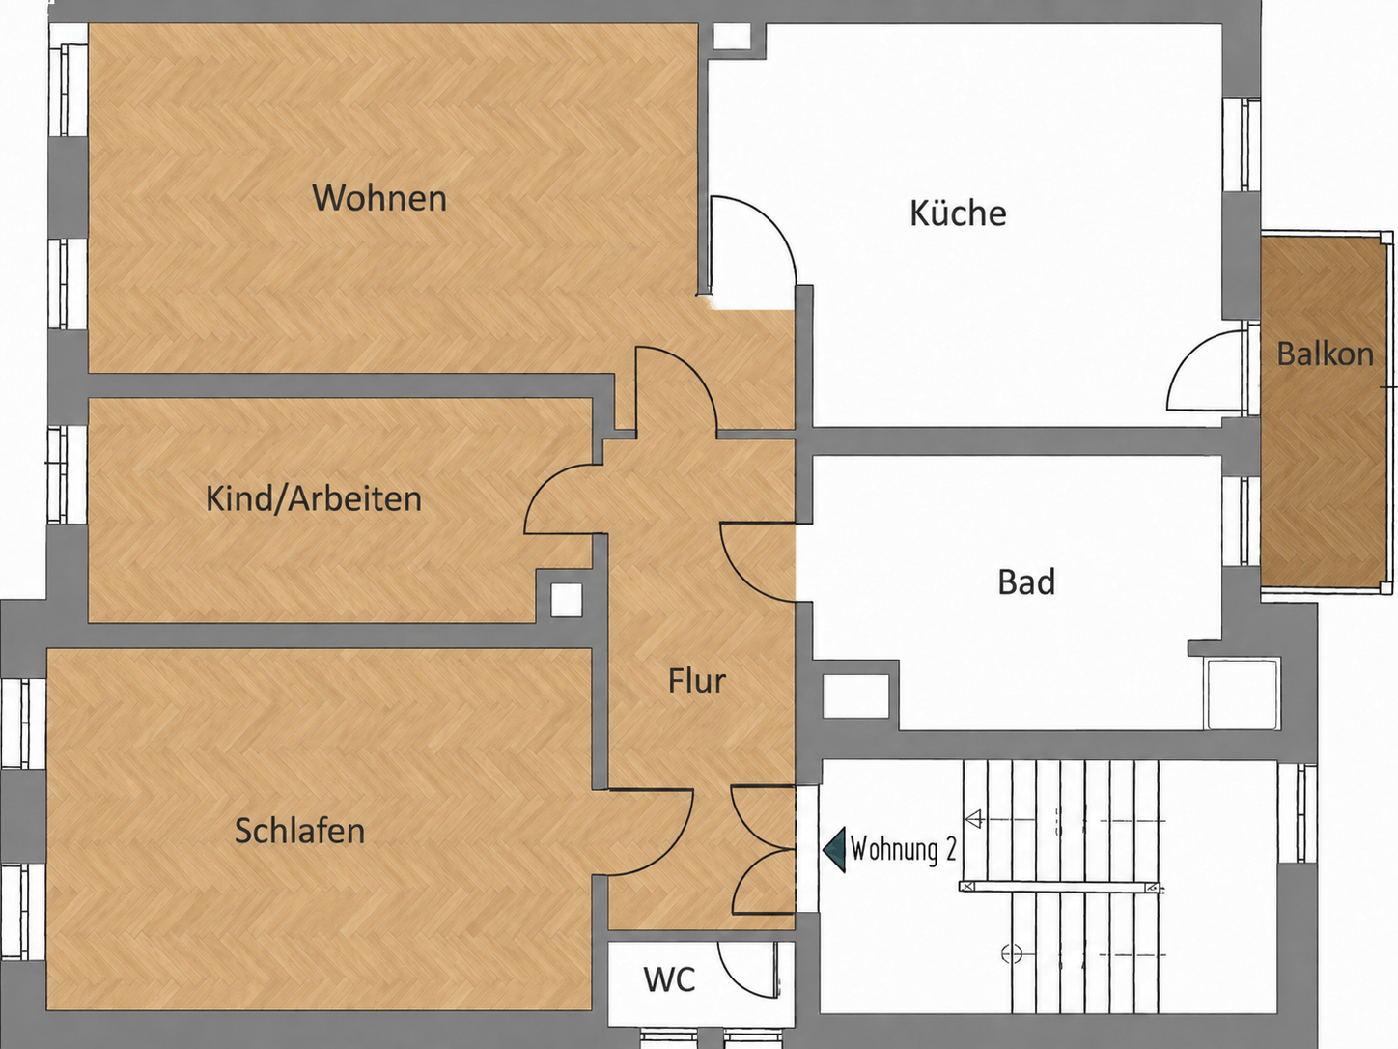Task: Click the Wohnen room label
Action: pyautogui.click(x=379, y=198)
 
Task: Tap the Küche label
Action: pyautogui.click(x=958, y=213)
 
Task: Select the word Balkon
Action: pyautogui.click(x=1326, y=354)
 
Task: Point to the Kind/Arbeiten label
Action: pyautogui.click(x=314, y=498)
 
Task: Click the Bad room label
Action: pyautogui.click(x=1026, y=581)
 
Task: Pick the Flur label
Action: pyautogui.click(x=697, y=681)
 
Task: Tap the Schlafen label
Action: pyautogui.click(x=300, y=831)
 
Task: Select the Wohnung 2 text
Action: pyautogui.click(x=903, y=849)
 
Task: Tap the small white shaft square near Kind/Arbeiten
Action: pyautogui.click(x=566, y=600)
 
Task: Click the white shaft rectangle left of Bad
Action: pyautogui.click(x=855, y=696)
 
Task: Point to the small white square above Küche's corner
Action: pyautogui.click(x=732, y=37)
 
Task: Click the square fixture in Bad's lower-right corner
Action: pyautogui.click(x=1243, y=695)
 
